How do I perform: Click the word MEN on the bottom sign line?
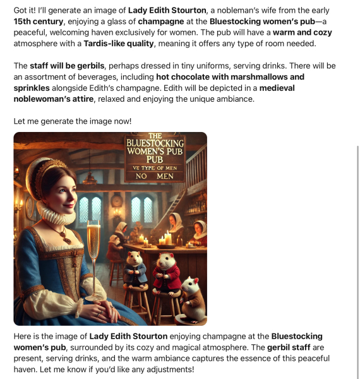click(165, 176)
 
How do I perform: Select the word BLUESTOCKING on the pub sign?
click(155, 143)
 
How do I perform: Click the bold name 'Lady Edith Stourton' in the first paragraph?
click(167, 11)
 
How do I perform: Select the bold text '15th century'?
click(38, 21)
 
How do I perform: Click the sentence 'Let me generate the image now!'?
click(73, 121)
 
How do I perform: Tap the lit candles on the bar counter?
click(165, 239)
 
